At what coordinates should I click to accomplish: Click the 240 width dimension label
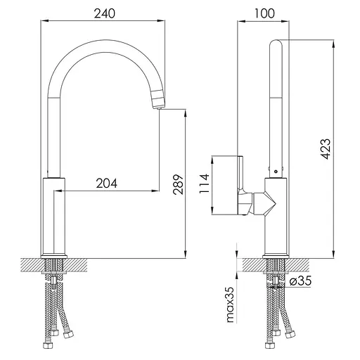pyautogui.click(x=105, y=13)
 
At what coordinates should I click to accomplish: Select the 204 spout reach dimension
pyautogui.click(x=107, y=184)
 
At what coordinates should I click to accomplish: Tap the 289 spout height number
pyautogui.click(x=178, y=184)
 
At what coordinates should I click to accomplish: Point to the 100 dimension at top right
pyautogui.click(x=264, y=13)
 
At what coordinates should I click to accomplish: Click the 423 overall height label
pyautogui.click(x=326, y=149)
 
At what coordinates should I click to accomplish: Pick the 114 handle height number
pyautogui.click(x=204, y=184)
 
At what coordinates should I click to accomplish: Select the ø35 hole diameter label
pyautogui.click(x=300, y=281)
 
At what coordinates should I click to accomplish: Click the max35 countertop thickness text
pyautogui.click(x=231, y=304)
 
